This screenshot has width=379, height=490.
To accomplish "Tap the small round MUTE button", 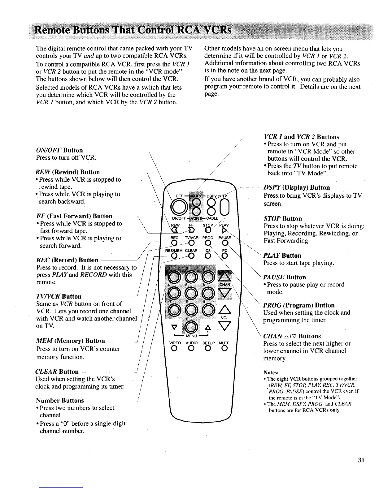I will pos(224,349).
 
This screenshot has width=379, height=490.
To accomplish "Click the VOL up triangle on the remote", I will pos(224,308).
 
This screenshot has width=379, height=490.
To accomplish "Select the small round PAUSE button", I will pos(224,243).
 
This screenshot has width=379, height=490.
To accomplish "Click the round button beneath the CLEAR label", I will pos(191,256).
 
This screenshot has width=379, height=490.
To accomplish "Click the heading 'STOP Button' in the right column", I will pos(282,219).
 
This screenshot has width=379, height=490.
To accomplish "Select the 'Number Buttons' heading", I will pos(60,400).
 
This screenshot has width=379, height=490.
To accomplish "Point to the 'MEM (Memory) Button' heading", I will pos(70,341).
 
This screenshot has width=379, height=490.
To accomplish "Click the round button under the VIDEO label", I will pos(175,349).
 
